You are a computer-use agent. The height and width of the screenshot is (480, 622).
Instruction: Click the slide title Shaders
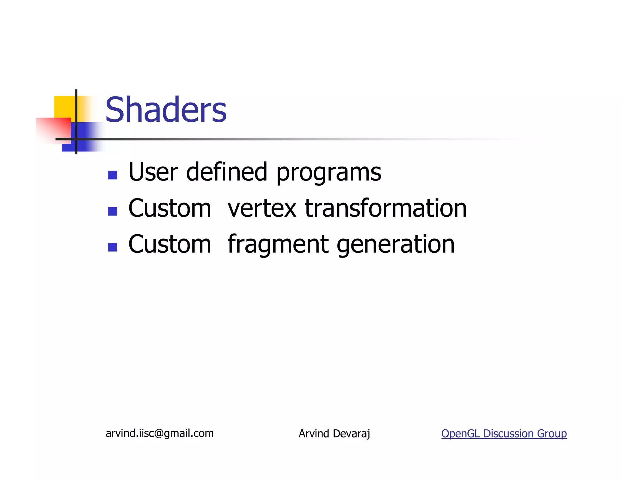tap(166, 110)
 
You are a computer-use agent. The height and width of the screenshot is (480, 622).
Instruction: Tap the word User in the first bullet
tap(153, 172)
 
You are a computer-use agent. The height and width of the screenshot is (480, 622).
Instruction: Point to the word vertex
tap(262, 208)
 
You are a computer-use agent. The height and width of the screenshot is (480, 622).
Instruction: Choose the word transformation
tap(385, 208)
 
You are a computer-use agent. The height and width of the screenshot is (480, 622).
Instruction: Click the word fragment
tap(278, 245)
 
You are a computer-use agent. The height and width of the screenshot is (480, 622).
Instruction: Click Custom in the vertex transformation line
tap(169, 208)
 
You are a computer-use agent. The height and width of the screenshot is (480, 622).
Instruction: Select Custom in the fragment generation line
tap(169, 245)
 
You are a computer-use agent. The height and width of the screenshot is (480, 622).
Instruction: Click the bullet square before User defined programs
tap(113, 175)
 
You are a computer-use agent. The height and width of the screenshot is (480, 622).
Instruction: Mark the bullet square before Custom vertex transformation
tap(113, 211)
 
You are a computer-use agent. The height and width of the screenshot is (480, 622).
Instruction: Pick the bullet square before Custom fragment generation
tap(113, 247)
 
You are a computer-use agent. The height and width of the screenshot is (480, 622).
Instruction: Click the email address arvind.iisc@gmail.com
tap(159, 433)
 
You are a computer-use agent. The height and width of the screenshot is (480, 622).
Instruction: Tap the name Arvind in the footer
tap(314, 434)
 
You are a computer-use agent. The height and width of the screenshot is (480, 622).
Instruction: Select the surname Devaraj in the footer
tap(351, 434)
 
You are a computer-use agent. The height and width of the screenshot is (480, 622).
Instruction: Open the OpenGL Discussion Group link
tap(504, 434)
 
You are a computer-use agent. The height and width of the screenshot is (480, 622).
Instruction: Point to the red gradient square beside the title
tap(53, 130)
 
